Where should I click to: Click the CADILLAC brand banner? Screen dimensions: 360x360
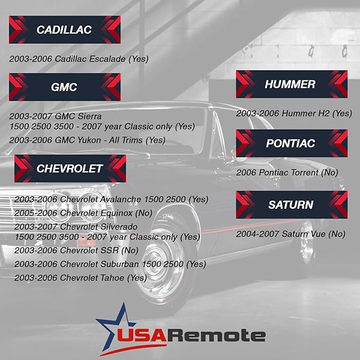[64, 29]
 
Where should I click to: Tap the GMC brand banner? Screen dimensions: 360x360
[64, 87]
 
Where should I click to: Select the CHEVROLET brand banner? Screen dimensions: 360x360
[70, 169]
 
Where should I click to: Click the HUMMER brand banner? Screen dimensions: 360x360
[290, 84]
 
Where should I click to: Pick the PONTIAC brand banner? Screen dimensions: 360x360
[290, 143]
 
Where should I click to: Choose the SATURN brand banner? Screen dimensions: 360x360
[290, 205]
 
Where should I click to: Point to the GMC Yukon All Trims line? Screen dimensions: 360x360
[88, 140]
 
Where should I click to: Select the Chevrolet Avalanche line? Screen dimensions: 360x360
[111, 199]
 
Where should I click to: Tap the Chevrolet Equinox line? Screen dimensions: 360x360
[83, 213]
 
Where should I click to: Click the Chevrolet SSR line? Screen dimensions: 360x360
[76, 250]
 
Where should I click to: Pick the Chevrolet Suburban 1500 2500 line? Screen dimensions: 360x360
[110, 264]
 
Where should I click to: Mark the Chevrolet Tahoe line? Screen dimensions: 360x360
[80, 278]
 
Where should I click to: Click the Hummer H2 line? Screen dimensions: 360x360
[293, 113]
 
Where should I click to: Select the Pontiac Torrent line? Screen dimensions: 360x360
[287, 172]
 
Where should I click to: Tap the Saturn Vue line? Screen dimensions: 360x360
[290, 233]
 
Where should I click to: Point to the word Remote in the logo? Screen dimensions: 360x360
[225, 335]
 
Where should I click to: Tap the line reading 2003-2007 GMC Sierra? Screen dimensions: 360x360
[56, 116]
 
